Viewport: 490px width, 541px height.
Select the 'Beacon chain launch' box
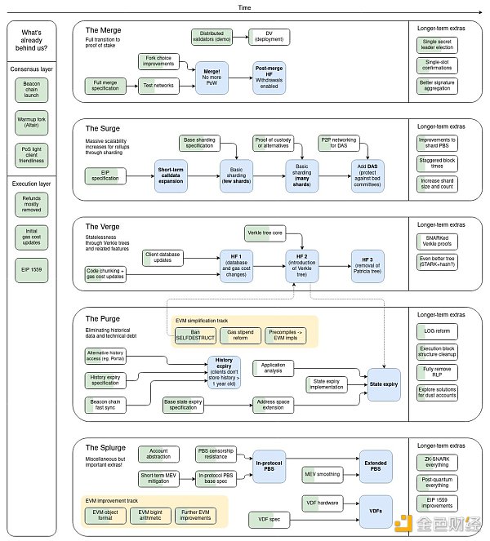coord(33,91)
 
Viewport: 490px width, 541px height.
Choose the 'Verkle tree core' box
coord(266,234)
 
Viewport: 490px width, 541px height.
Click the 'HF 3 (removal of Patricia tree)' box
coord(366,262)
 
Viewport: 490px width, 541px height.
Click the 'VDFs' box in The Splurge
coord(375,510)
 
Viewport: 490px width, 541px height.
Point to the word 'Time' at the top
coord(244,7)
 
